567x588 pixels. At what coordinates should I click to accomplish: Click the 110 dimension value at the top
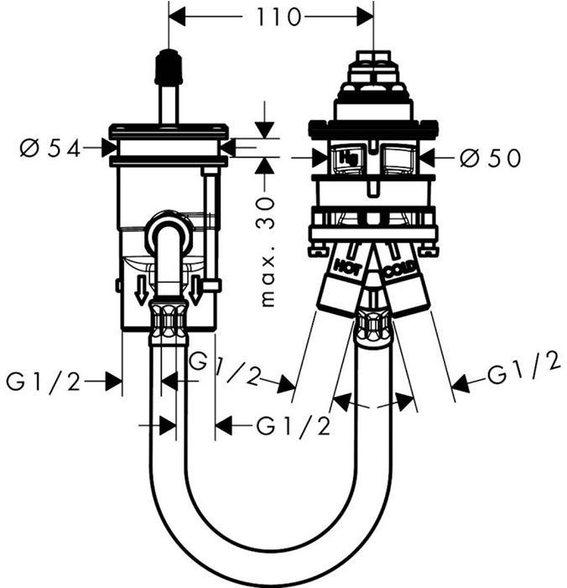tap(270, 17)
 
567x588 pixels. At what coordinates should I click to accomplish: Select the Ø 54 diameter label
tap(49, 148)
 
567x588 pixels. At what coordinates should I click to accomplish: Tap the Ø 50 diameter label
tap(490, 157)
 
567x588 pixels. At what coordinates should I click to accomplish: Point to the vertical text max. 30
tap(268, 252)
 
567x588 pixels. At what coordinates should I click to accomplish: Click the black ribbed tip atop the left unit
tap(169, 64)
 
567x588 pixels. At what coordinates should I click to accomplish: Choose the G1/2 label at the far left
tap(44, 382)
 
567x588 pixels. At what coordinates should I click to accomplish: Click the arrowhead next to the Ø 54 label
tap(108, 148)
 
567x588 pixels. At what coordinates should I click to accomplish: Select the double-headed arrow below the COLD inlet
tap(375, 403)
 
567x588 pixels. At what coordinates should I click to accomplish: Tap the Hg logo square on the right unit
tap(346, 156)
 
